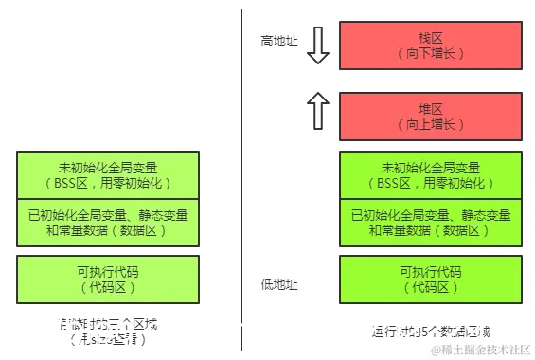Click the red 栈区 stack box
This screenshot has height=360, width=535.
click(430, 45)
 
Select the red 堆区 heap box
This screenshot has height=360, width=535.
click(430, 115)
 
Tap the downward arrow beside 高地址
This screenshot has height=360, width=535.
click(318, 45)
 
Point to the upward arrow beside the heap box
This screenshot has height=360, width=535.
click(318, 112)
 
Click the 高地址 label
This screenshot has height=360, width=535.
click(279, 42)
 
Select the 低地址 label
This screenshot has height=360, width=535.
click(279, 283)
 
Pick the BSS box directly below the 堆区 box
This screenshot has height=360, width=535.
click(430, 174)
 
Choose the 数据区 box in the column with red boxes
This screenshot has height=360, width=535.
click(430, 222)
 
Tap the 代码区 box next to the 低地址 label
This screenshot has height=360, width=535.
click(430, 279)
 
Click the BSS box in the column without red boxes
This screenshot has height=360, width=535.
click(108, 174)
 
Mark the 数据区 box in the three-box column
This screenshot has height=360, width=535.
click(108, 222)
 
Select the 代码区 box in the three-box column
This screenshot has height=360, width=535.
click(108, 279)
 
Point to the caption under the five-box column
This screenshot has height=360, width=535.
click(432, 332)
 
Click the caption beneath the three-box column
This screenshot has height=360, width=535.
click(108, 332)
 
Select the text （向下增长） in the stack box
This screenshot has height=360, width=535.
click(430, 54)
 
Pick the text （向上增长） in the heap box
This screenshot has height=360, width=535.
click(430, 124)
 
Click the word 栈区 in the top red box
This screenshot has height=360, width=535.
click(430, 37)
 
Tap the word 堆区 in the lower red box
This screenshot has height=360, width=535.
click(430, 107)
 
